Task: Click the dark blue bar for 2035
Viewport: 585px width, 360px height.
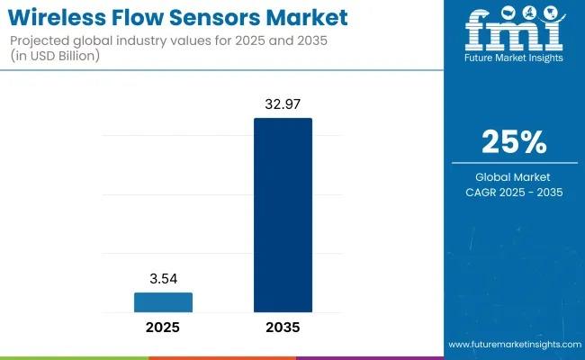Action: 283,214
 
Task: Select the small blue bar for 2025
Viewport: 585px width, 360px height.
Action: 163,301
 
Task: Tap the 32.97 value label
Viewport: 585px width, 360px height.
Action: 283,103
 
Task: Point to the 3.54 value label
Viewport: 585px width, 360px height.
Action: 163,278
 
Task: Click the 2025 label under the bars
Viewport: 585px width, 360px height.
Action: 163,328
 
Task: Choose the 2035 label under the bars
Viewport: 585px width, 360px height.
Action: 283,328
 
